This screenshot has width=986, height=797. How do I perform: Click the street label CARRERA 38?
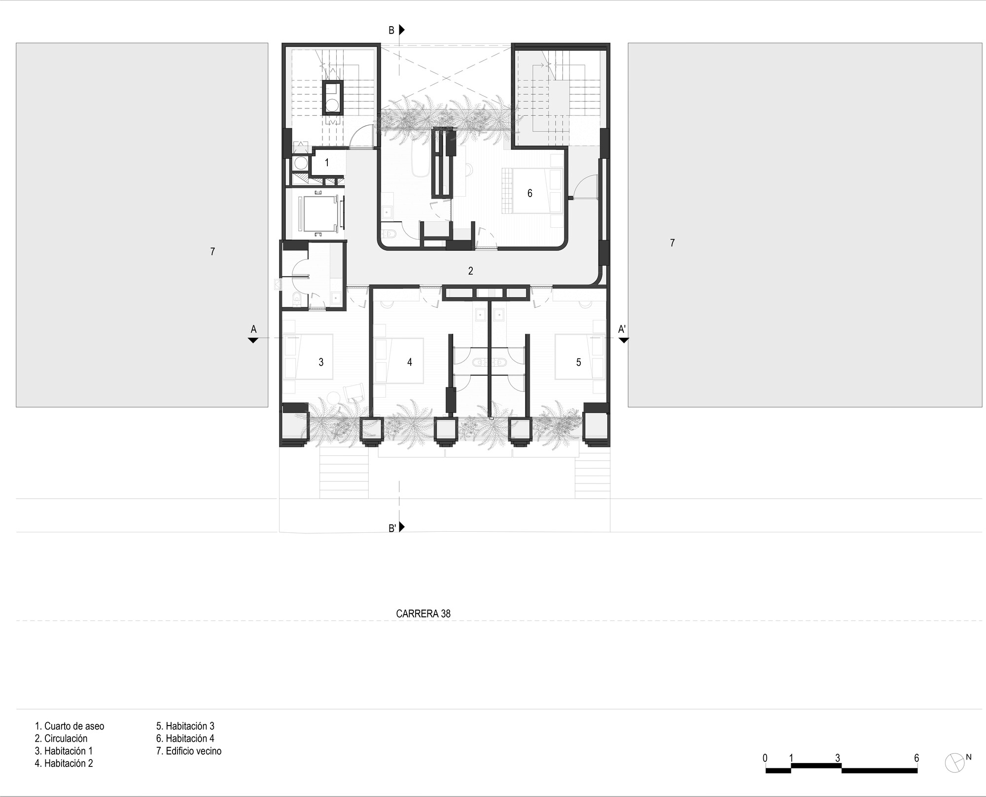pos(423,614)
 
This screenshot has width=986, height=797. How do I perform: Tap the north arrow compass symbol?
pos(955,762)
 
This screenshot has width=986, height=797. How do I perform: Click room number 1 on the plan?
pos(326,162)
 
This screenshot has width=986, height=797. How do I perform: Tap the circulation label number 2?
pos(471,271)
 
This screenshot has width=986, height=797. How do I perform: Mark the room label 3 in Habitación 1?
pos(321,362)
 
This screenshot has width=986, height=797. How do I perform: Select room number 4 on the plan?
pos(409,362)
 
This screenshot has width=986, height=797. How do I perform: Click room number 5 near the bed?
pos(578,362)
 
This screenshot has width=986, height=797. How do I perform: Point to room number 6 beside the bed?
pos(530,193)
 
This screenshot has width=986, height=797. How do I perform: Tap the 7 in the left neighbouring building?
pos(212,252)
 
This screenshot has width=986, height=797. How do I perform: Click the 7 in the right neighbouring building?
pos(672,243)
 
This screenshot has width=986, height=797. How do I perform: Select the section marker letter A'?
pos(622,329)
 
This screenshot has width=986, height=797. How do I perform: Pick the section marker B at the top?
pos(391,31)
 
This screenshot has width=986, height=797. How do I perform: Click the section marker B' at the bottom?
pos(392,528)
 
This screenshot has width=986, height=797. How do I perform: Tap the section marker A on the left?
pos(253,329)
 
